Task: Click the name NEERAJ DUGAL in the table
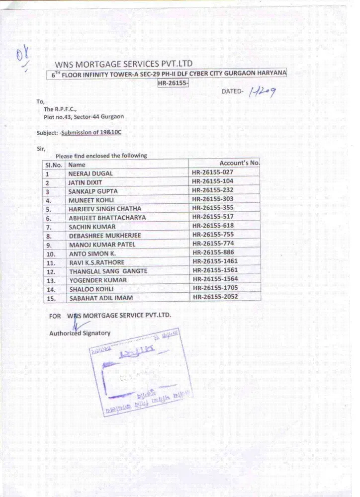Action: coord(90,173)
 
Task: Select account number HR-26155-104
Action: coord(212,181)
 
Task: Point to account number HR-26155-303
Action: coord(212,199)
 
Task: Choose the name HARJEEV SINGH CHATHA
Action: coord(105,209)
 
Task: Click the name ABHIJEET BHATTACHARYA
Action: coord(107,218)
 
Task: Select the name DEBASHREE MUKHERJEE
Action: coord(105,236)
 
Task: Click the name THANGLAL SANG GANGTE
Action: coord(108,271)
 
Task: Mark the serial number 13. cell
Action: coord(51,280)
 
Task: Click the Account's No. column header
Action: coord(239,163)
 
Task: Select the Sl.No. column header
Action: coord(54,165)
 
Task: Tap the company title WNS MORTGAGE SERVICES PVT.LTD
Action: coord(123,64)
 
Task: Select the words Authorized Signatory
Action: coord(80,333)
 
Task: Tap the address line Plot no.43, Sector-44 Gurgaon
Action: coord(84,116)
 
